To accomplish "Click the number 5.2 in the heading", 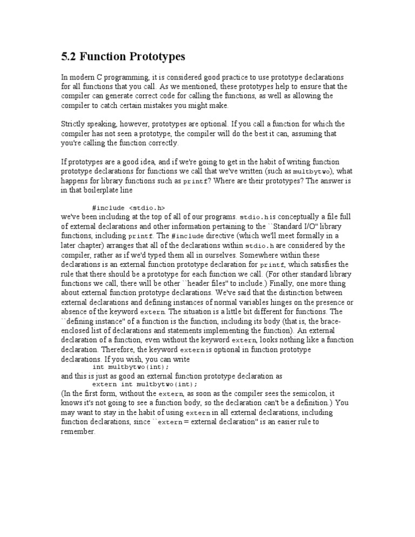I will [68, 57].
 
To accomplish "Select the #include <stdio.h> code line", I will [129, 207].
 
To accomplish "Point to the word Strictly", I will [73, 124].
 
